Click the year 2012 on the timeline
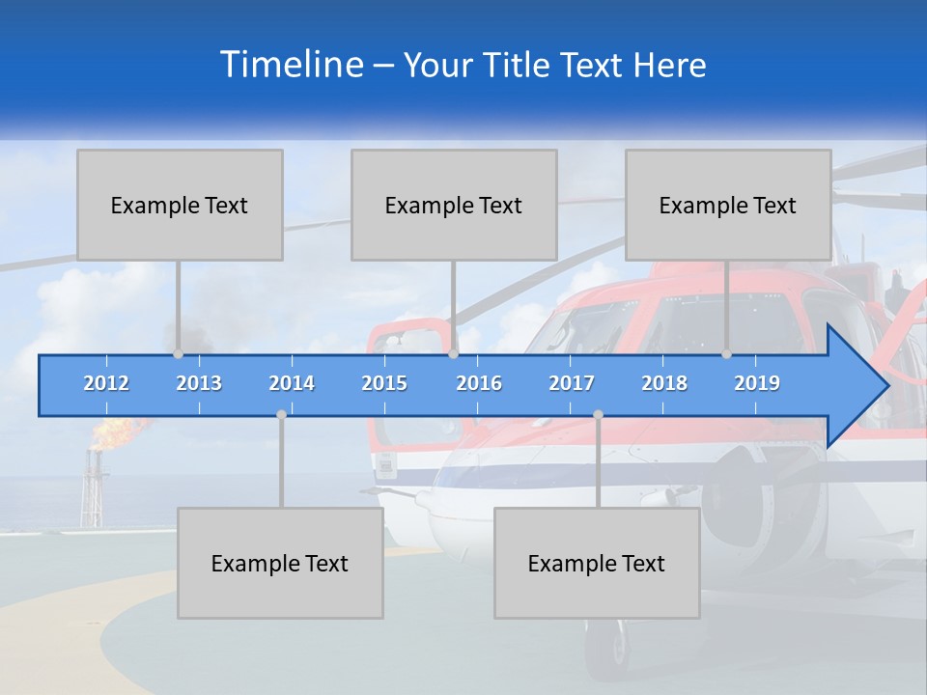(x=106, y=383)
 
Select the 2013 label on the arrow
(x=199, y=383)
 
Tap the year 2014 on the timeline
(x=292, y=383)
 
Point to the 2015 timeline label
(x=384, y=383)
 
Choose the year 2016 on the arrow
(x=479, y=383)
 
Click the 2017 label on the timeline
(x=572, y=383)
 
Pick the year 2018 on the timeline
(x=664, y=383)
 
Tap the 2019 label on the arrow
(x=757, y=383)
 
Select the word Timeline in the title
(x=291, y=65)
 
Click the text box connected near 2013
(x=180, y=205)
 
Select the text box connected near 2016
(x=454, y=205)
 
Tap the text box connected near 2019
(x=728, y=205)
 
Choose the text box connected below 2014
(x=280, y=563)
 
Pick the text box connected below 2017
(x=597, y=563)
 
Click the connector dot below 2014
(x=281, y=414)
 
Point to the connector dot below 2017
(x=598, y=414)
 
